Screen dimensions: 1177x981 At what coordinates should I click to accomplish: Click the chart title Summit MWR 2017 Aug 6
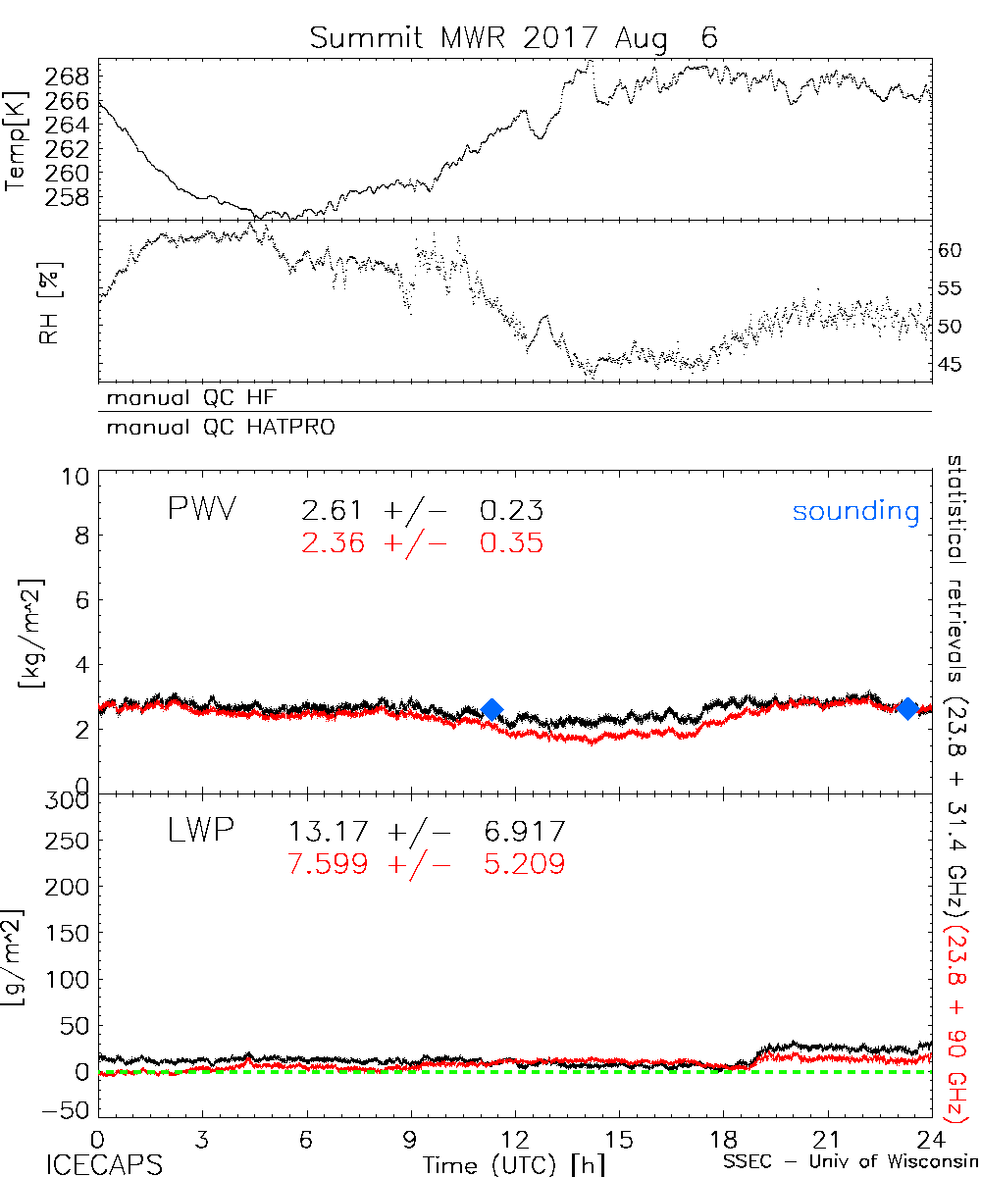tap(514, 38)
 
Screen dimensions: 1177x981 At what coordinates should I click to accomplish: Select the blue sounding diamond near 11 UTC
tap(492, 709)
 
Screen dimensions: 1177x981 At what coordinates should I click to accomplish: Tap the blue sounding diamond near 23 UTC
tap(908, 708)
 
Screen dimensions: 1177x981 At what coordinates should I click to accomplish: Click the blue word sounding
tap(855, 511)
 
